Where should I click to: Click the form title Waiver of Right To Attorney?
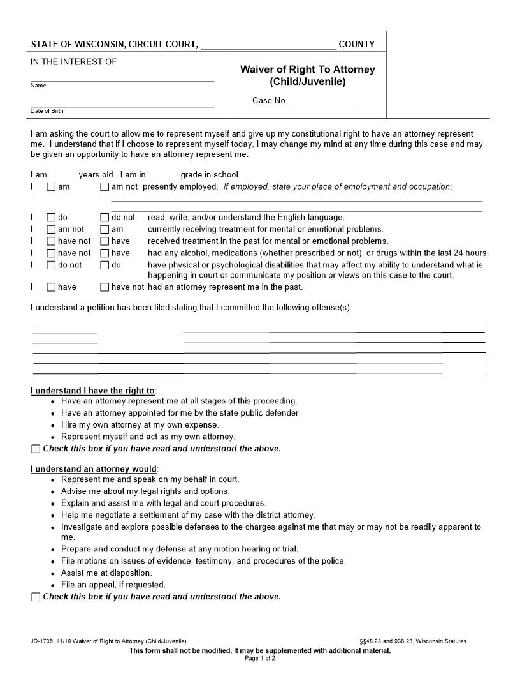click(307, 70)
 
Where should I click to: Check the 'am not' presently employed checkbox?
click(105, 188)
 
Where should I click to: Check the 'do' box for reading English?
click(51, 218)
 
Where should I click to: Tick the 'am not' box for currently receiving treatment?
click(51, 230)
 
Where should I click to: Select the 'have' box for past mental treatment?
click(105, 241)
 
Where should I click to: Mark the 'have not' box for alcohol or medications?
click(51, 253)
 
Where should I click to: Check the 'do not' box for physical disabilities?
click(51, 266)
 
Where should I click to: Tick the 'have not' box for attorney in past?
click(105, 287)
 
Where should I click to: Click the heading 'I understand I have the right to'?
click(93, 391)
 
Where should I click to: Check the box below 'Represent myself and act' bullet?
click(36, 449)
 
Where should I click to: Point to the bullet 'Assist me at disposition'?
click(106, 573)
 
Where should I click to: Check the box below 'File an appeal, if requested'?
click(36, 597)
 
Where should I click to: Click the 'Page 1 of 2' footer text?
click(260, 658)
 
